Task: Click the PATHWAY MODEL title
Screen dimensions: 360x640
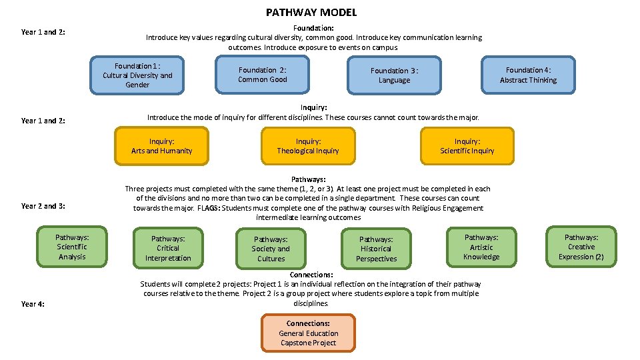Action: point(311,12)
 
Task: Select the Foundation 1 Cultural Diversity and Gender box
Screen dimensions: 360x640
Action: point(137,75)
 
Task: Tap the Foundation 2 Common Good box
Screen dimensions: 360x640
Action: point(262,75)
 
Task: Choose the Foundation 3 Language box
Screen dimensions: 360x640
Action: point(394,75)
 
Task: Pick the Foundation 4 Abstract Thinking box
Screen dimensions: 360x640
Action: point(528,75)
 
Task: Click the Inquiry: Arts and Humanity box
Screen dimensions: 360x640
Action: point(161,146)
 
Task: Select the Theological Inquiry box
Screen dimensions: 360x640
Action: point(308,146)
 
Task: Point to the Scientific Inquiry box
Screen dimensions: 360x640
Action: point(467,146)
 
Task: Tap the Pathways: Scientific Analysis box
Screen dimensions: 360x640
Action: point(72,247)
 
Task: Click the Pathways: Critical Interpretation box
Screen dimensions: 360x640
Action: point(168,248)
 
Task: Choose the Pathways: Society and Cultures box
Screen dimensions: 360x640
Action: point(271,249)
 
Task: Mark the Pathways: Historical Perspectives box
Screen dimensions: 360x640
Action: point(376,249)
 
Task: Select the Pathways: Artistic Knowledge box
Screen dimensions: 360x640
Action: point(481,247)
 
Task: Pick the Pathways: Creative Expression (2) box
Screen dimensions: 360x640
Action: point(581,247)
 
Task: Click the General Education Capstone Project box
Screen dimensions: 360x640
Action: point(308,333)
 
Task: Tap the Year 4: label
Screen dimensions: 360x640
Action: point(33,304)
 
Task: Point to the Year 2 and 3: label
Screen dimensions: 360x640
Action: point(43,206)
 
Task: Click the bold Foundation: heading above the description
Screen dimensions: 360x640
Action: point(313,28)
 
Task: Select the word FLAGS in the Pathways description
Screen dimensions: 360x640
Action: point(208,208)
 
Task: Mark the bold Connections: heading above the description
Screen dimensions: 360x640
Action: point(311,275)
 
